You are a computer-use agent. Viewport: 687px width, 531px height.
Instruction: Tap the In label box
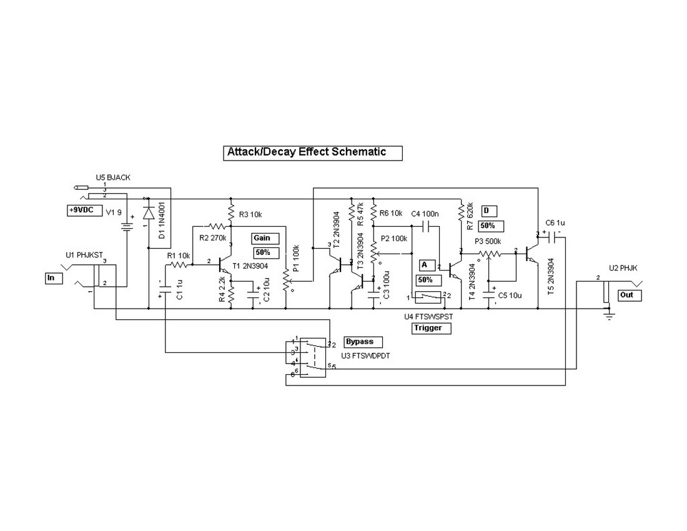pos(54,278)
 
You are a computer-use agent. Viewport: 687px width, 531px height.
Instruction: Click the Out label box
pos(630,295)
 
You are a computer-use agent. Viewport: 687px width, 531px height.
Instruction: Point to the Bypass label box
pos(359,342)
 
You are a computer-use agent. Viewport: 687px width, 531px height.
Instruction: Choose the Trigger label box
pos(431,328)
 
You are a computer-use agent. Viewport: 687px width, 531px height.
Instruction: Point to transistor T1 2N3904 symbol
pos(224,266)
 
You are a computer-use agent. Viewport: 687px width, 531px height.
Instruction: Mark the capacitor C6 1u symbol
pos(550,236)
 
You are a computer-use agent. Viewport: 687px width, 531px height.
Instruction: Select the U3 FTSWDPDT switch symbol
pos(311,357)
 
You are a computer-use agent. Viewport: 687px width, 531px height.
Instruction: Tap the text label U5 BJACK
pos(113,177)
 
